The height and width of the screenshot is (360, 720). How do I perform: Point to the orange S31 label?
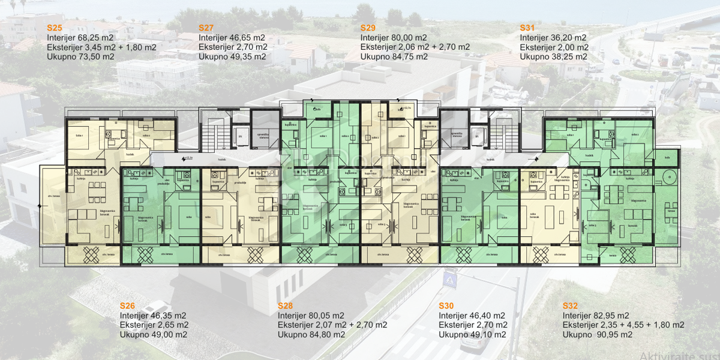527,28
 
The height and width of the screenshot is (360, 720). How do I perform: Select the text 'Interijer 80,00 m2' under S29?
394,37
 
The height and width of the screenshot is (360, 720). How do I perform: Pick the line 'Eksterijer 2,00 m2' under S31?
554,47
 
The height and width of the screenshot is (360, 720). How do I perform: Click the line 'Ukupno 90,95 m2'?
597,335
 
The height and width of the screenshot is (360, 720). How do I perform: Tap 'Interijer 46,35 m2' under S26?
153,316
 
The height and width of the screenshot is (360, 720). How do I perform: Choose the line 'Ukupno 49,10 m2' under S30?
472,335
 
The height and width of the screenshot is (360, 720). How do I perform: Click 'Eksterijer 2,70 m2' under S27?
233,47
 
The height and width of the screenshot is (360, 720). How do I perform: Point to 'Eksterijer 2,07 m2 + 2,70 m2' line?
332,325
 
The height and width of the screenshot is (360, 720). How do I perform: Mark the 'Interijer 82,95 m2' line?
596,316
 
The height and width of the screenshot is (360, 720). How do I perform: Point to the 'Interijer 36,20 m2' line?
553,37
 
